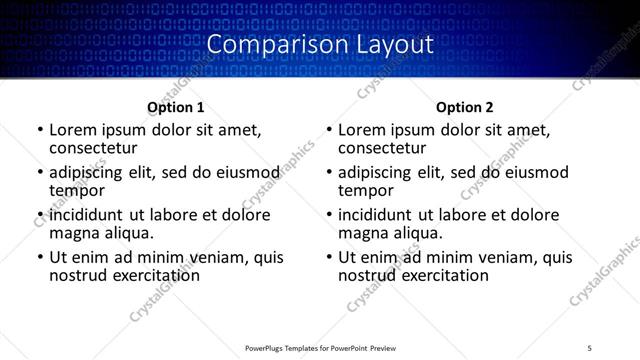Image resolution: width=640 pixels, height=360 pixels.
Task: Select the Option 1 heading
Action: pos(176,107)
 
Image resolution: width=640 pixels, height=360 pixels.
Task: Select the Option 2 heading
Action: pos(465,107)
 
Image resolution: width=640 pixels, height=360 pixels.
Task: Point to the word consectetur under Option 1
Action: pos(93,148)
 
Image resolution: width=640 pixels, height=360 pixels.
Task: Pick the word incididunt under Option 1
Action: pos(87,215)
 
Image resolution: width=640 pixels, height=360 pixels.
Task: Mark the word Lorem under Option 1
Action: pos(72,130)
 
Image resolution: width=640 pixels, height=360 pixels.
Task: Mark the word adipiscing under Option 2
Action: pos(378,172)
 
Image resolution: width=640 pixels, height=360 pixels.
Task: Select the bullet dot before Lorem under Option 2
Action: pos(328,131)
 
